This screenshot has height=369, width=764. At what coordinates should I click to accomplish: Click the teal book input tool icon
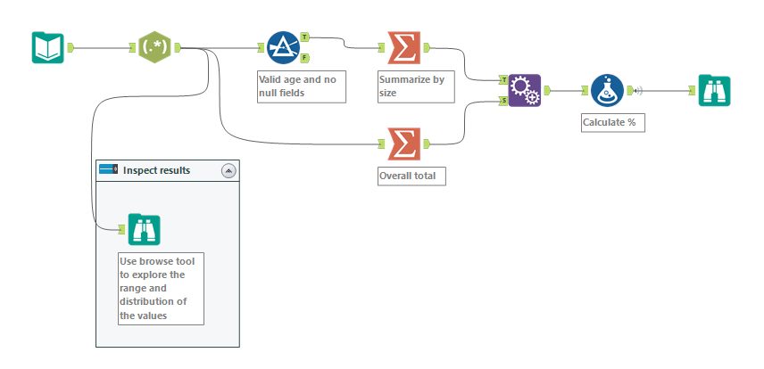47,47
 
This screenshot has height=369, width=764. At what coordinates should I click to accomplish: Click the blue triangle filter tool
283,47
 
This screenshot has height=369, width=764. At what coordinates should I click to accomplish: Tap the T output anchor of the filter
305,37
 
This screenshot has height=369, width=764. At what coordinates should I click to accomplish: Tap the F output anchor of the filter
305,58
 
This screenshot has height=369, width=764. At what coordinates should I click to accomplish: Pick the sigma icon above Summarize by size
403,47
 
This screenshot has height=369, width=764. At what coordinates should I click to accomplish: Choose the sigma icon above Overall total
403,143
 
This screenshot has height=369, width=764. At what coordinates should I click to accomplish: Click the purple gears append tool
525,90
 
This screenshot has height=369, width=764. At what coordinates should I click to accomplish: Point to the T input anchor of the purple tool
503,79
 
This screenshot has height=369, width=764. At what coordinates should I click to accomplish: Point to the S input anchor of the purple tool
503,101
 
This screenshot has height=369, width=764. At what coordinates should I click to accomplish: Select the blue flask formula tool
607,90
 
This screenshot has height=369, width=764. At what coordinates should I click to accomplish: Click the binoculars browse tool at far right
714,90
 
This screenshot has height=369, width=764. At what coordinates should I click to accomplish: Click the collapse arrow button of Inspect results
228,170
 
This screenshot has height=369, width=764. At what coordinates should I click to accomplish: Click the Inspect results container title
156,170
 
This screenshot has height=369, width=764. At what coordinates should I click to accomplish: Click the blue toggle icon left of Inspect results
108,169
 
